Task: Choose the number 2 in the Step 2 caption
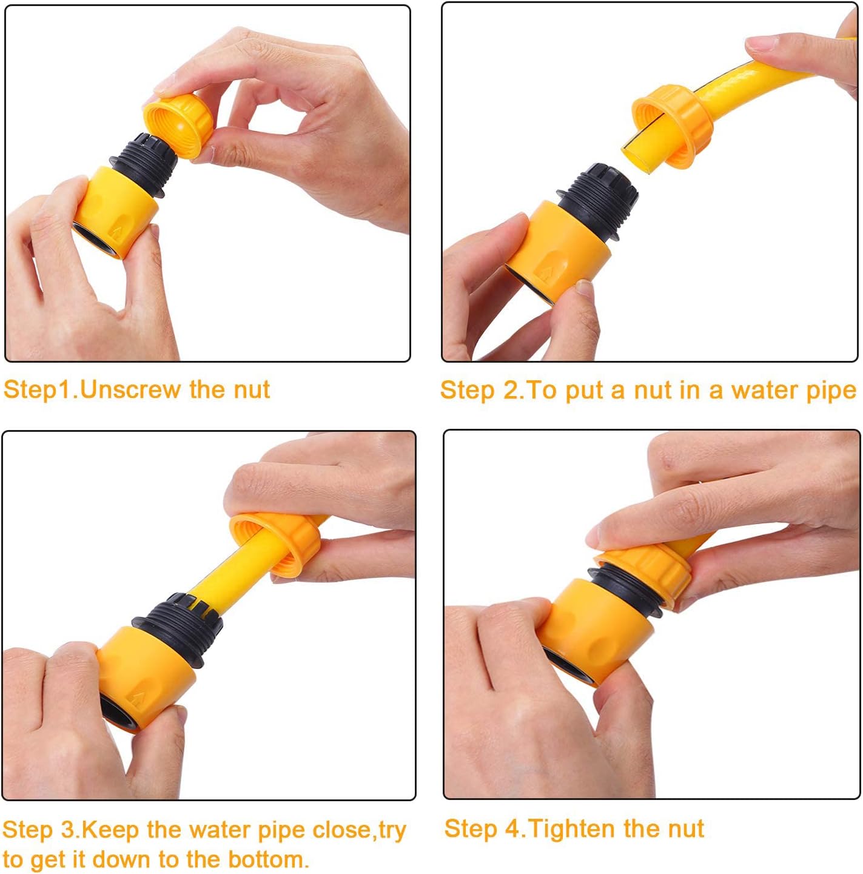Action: (x=511, y=390)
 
